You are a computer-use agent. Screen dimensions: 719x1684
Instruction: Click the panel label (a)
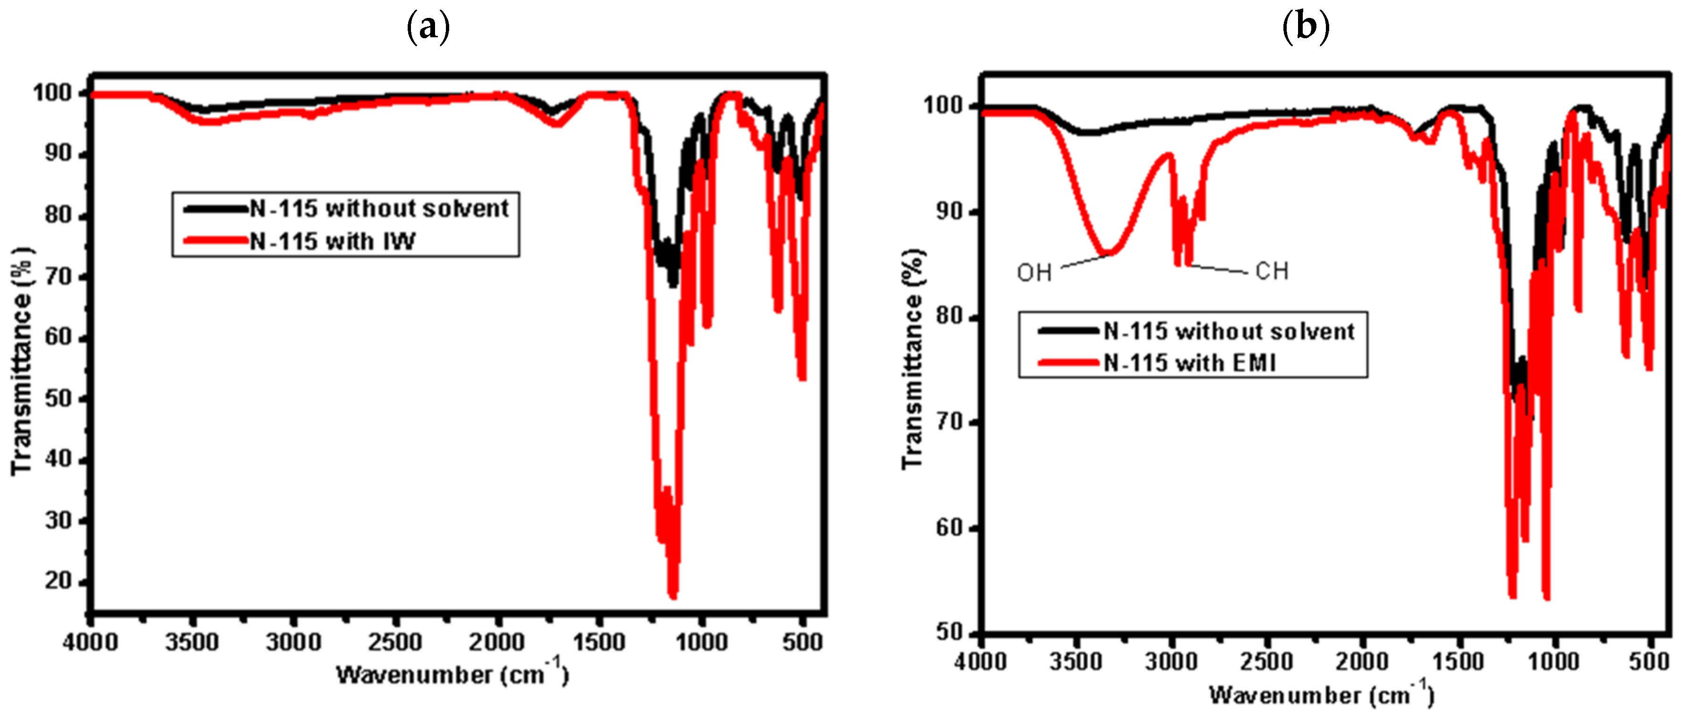pos(428,27)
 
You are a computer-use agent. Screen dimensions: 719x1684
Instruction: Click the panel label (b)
pos(1306,27)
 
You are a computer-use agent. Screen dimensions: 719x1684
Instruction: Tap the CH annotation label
pos(1272,271)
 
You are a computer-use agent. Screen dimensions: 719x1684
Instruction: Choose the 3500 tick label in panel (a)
pos(192,643)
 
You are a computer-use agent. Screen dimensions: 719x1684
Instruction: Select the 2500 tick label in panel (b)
pos(1266,661)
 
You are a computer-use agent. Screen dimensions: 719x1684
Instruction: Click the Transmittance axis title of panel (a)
pos(21,361)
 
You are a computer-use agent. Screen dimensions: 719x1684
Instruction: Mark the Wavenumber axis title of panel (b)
pos(1321,694)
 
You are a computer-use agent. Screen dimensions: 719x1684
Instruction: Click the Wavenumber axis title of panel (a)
pos(452,674)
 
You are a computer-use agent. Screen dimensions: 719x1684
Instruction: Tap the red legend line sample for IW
pos(216,241)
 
